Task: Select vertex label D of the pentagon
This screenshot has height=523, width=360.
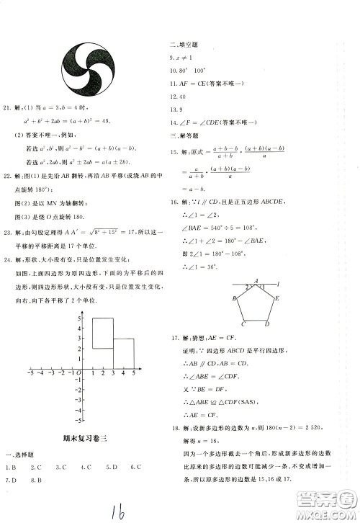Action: [x=266, y=323]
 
